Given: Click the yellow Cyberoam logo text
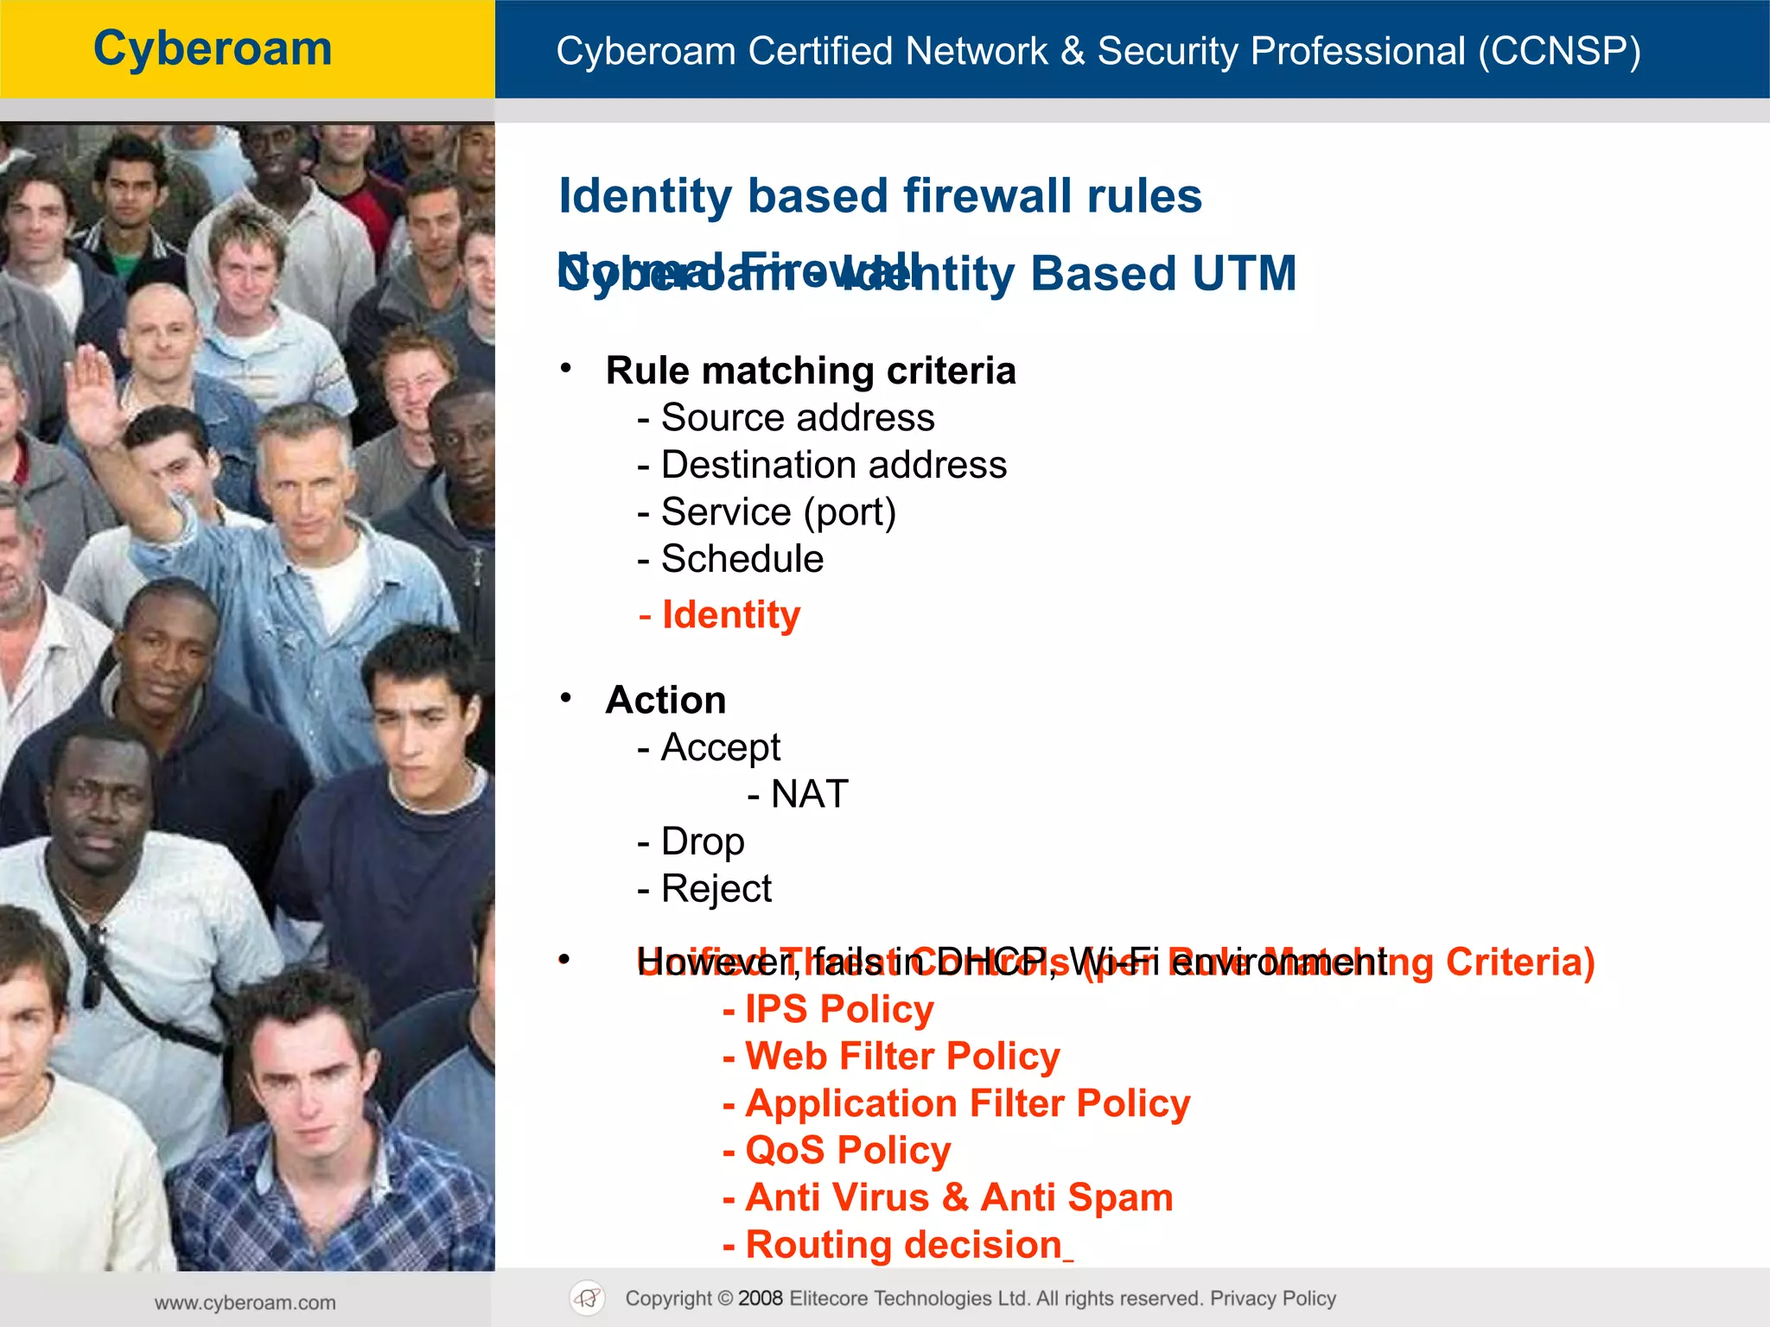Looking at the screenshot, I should coord(213,48).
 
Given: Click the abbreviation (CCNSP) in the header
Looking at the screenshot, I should coord(1558,51).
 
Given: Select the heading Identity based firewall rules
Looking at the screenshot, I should coord(880,196).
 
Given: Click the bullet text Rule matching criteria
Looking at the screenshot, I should coord(811,371).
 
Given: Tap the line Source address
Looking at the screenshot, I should coord(797,418).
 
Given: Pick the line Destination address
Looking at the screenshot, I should coord(833,465).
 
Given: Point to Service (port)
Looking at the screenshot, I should coord(778,511).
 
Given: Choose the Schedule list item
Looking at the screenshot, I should coord(742,559).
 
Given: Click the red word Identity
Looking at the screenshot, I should coord(730,615).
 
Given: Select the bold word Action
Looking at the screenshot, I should coord(665,700).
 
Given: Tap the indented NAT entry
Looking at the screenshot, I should coord(808,794).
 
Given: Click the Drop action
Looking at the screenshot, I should coord(702,841).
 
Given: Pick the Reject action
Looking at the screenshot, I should coord(716,888).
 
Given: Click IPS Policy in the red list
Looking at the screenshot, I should coord(838,1009).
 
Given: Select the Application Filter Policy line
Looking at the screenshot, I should coord(967,1103).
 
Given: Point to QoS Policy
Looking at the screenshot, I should coord(847,1151).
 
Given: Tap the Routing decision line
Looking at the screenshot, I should coord(903,1245).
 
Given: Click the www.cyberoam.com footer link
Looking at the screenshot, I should coord(245,1303).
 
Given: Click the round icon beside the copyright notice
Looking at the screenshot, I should coord(588,1298).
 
